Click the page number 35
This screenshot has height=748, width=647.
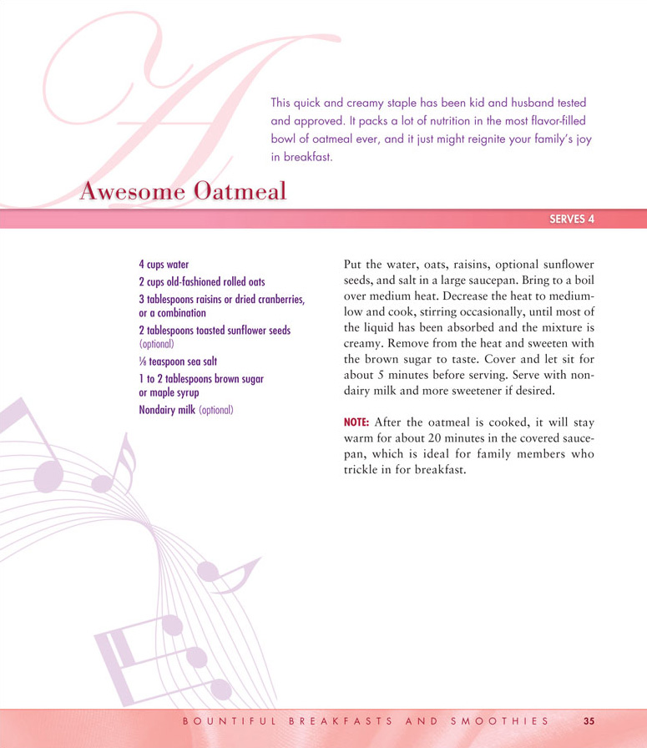(x=589, y=720)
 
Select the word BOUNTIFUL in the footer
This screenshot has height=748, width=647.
(x=225, y=720)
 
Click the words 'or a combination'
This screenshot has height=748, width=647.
(x=173, y=312)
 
